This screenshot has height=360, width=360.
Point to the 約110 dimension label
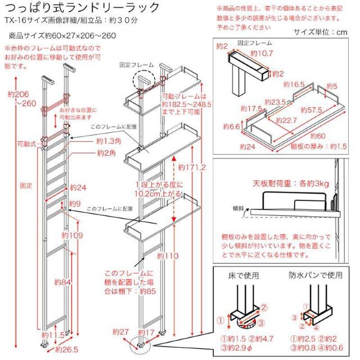pyautogui.click(x=168, y=255)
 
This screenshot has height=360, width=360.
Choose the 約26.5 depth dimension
pyautogui.click(x=67, y=349)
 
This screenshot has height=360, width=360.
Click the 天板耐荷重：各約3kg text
pyautogui.click(x=283, y=184)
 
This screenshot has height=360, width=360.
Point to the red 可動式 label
pyautogui.click(x=26, y=144)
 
